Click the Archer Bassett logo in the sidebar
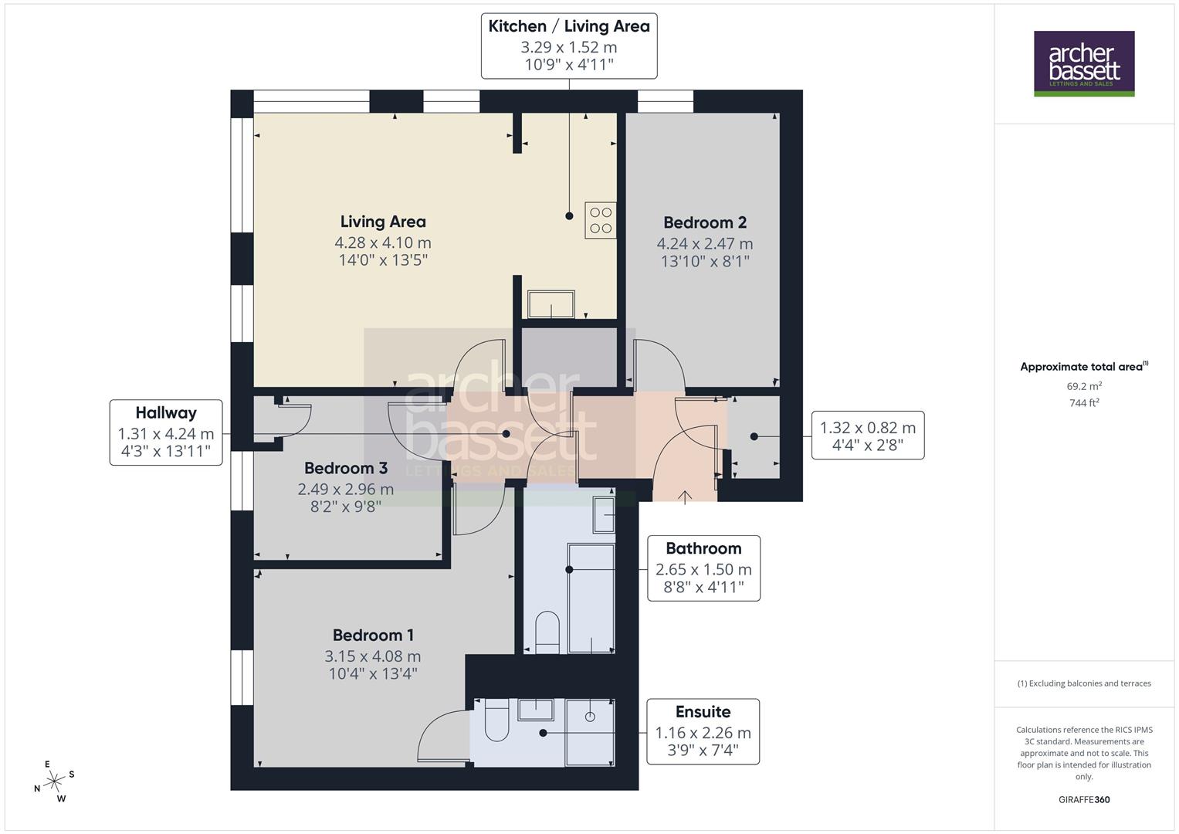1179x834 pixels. click(x=1084, y=63)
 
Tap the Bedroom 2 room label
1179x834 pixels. click(x=705, y=222)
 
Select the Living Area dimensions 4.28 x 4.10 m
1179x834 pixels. click(x=383, y=242)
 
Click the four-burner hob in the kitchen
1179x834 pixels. click(x=601, y=219)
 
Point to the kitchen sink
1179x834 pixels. click(x=551, y=304)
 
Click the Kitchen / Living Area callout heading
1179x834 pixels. click(x=569, y=26)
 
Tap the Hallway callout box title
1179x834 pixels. click(x=166, y=413)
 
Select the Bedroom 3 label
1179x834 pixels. click(x=346, y=468)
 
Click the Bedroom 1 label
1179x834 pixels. click(x=373, y=635)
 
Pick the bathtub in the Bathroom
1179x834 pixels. click(x=591, y=598)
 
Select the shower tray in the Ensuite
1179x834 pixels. click(x=591, y=731)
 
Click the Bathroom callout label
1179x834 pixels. click(x=703, y=548)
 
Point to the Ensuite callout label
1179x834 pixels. click(x=703, y=711)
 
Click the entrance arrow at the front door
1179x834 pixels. click(x=685, y=497)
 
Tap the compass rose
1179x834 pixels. click(x=54, y=781)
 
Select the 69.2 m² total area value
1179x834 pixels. click(x=1084, y=386)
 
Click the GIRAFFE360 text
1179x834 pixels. click(x=1084, y=799)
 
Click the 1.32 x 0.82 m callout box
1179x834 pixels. click(x=867, y=436)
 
